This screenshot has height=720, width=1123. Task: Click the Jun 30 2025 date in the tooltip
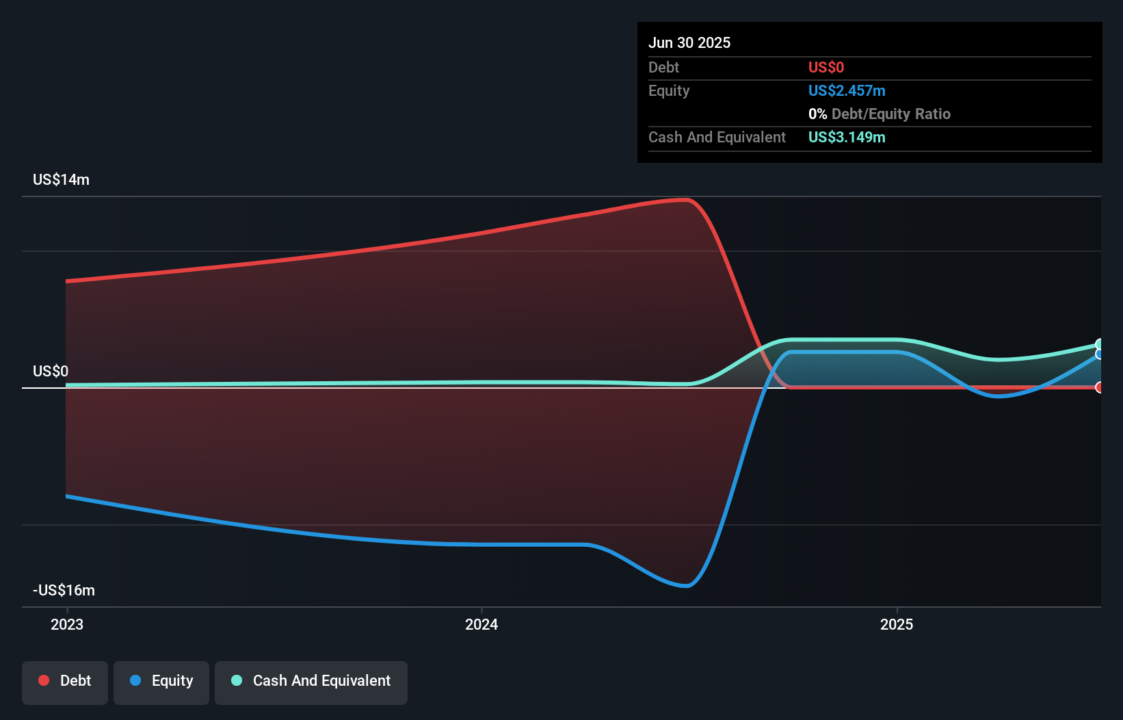coord(689,42)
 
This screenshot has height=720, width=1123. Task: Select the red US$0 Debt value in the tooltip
coord(825,67)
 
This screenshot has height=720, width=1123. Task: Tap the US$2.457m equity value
coord(846,90)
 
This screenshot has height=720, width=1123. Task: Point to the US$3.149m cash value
coord(846,137)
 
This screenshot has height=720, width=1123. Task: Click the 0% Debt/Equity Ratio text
coord(879,114)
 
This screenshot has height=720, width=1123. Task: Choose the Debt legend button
coord(65,681)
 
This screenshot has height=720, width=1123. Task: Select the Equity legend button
coord(161,681)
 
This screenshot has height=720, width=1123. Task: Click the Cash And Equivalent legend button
coord(311,681)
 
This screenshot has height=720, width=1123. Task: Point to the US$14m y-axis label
coord(61,179)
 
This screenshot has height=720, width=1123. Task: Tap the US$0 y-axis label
coord(51,371)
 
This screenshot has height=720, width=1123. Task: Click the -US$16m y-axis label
coord(64,590)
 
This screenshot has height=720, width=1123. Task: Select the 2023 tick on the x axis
coord(67,624)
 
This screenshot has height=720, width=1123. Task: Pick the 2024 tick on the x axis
coord(481,624)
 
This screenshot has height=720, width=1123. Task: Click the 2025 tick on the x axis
coord(897,624)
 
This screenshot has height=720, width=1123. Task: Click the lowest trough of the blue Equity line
coord(687,586)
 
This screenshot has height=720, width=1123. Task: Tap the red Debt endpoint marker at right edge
coord(1099,387)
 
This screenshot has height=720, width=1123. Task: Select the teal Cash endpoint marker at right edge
coord(1099,344)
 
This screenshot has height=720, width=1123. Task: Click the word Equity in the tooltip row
coord(668,90)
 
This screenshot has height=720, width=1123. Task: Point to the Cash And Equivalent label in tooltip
coord(717,137)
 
